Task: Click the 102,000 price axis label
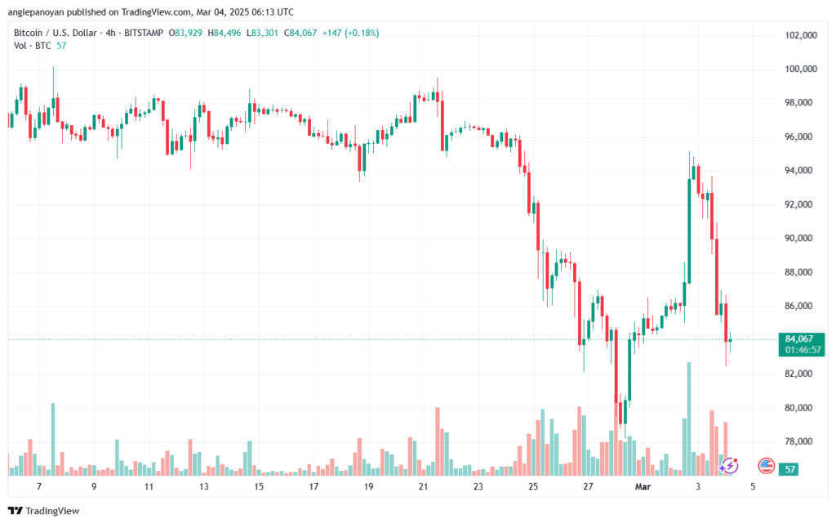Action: (800, 35)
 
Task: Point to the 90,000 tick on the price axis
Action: (802, 238)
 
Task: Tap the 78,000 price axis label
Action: (802, 441)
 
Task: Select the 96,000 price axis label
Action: (802, 137)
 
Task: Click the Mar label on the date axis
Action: (643, 486)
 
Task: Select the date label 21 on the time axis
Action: (423, 486)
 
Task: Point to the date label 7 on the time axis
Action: (39, 486)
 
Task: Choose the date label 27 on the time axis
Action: (588, 486)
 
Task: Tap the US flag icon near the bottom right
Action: (766, 466)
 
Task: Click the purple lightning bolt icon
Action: (729, 466)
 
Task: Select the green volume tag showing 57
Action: (789, 469)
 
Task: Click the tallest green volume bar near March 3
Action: (689, 417)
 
